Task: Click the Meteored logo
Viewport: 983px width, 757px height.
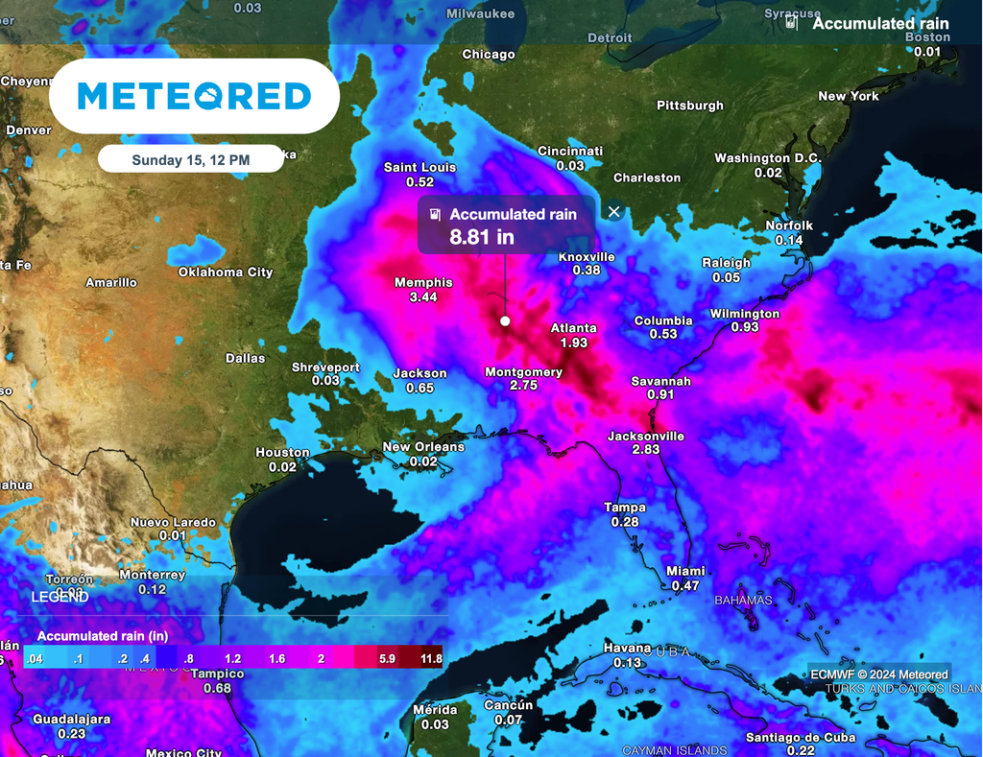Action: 194,96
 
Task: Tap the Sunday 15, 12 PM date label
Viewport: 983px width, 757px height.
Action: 190,160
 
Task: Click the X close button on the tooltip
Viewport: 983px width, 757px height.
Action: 614,211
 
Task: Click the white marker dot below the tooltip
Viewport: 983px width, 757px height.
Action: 505,321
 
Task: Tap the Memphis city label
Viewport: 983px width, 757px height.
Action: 423,283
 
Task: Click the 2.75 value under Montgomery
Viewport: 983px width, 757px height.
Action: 523,385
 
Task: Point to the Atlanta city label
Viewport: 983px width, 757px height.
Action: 573,329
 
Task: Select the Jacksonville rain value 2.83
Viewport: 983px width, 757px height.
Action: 646,449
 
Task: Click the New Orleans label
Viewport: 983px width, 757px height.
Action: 423,447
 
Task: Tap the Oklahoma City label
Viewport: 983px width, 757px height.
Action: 226,272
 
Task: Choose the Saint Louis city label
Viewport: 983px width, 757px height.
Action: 420,168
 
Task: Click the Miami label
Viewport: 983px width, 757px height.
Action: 685,572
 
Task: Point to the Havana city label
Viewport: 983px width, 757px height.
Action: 627,650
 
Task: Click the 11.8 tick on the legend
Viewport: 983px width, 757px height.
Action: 431,659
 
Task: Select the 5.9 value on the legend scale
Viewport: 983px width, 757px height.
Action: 388,659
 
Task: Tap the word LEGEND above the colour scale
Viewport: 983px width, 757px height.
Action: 60,598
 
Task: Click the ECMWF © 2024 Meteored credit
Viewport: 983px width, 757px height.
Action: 878,674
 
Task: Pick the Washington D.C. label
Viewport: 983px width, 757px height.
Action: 766,158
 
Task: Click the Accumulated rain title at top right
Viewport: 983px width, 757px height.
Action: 880,24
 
